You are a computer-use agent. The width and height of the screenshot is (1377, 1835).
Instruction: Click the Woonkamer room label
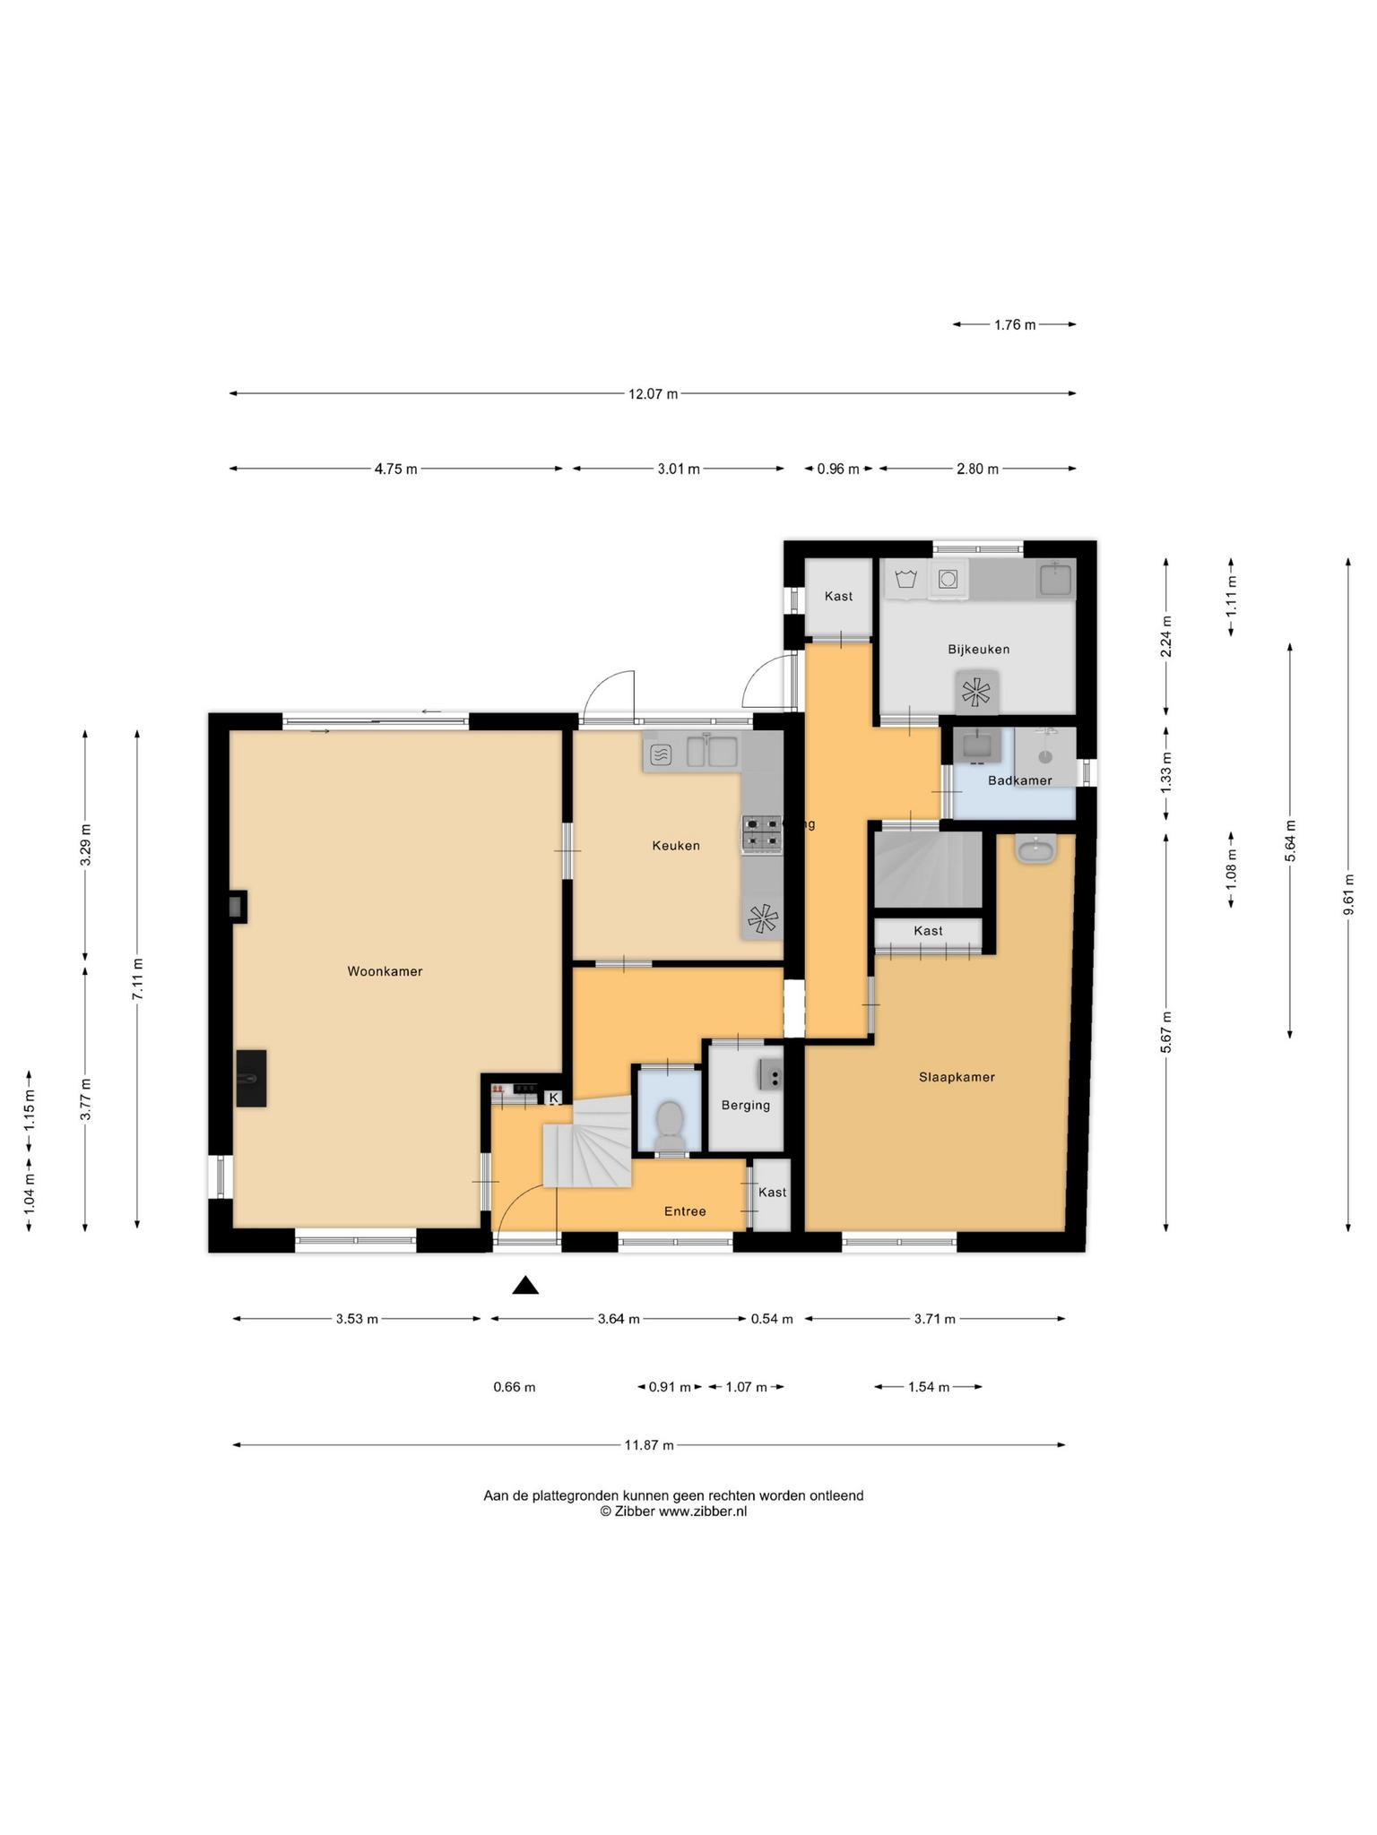click(x=385, y=971)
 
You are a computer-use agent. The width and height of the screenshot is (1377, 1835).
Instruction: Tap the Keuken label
click(x=676, y=846)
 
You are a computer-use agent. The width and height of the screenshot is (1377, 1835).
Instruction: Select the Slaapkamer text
click(x=957, y=1077)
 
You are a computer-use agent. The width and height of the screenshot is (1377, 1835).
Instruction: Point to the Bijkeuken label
click(x=979, y=649)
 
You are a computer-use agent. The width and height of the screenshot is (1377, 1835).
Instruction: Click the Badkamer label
click(x=1019, y=780)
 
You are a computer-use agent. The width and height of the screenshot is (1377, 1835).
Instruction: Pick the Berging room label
click(x=746, y=1105)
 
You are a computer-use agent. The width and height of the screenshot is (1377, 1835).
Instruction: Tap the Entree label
click(x=685, y=1211)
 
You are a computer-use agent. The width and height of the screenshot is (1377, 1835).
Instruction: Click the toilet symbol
click(x=669, y=1123)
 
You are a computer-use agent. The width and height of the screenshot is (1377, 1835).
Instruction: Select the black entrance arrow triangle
click(x=525, y=1286)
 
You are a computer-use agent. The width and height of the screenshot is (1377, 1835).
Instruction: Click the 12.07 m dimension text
click(x=653, y=393)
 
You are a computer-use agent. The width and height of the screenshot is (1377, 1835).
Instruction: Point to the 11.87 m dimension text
click(x=649, y=1444)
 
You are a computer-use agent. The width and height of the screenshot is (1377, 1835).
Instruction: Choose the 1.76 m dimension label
click(x=1015, y=325)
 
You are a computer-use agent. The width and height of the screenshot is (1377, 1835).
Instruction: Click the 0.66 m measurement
click(x=515, y=1387)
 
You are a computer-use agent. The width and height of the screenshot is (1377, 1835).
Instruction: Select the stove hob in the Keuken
click(x=761, y=832)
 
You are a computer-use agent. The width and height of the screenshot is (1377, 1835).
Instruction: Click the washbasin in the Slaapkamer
click(x=1036, y=848)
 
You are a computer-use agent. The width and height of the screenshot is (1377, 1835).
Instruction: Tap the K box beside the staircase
click(x=553, y=1098)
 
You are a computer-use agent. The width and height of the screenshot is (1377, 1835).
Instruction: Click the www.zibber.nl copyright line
click(x=673, y=1512)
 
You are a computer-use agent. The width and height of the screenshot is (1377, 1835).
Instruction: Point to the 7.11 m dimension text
click(x=137, y=979)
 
